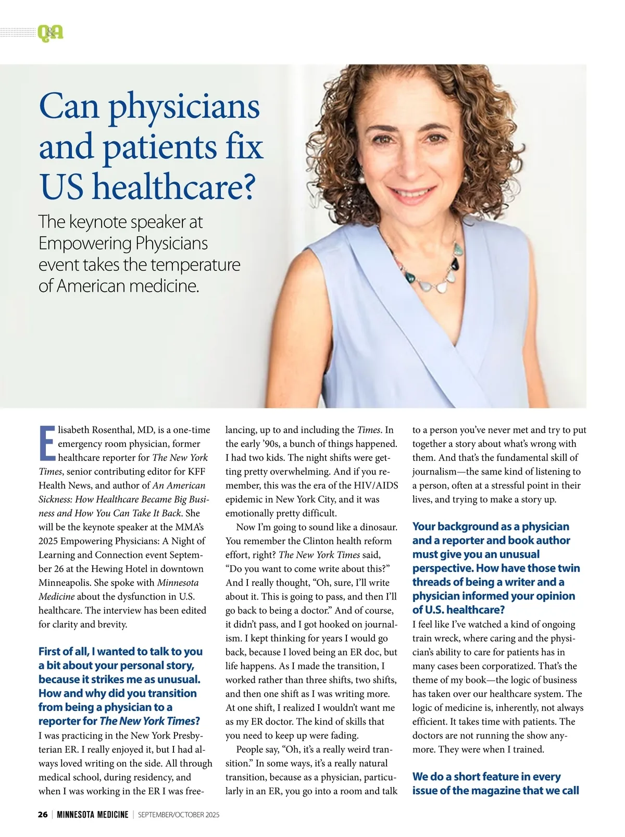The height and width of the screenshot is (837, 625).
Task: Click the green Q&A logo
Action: pyautogui.click(x=50, y=33)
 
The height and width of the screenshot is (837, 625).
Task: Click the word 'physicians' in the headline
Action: pyautogui.click(x=184, y=107)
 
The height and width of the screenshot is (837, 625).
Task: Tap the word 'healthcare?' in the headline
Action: pyautogui.click(x=174, y=188)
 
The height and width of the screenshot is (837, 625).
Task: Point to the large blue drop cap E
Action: pyautogui.click(x=47, y=443)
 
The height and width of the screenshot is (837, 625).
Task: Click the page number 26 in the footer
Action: pyautogui.click(x=43, y=815)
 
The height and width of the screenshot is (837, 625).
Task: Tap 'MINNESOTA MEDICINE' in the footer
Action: pyautogui.click(x=92, y=815)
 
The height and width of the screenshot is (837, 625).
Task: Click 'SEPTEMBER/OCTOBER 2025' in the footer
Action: pyautogui.click(x=179, y=815)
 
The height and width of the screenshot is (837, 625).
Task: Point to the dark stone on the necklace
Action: pyautogui.click(x=457, y=266)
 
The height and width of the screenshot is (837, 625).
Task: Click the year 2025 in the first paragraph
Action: pyautogui.click(x=48, y=541)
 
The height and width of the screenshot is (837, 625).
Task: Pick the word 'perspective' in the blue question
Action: pyautogui.click(x=442, y=568)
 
